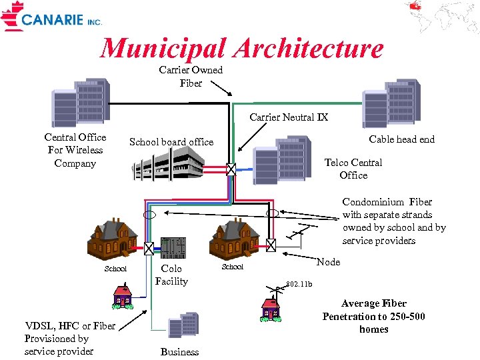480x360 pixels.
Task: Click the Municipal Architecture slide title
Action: (241, 48)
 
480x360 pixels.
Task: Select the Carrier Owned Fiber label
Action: (191, 77)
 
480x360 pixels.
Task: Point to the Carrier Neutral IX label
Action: (289, 117)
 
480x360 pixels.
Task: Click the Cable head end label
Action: (401, 139)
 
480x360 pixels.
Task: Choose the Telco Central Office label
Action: (353, 169)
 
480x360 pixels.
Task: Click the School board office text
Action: (171, 142)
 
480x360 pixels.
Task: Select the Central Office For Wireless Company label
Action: (75, 150)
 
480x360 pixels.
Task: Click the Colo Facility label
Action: (171, 275)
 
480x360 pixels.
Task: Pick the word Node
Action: (328, 262)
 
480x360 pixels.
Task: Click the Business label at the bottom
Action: (179, 352)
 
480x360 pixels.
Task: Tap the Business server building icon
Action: (183, 325)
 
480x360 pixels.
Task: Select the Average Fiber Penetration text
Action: (373, 316)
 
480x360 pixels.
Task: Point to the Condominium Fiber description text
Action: (394, 221)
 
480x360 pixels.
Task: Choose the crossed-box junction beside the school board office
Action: (231, 169)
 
